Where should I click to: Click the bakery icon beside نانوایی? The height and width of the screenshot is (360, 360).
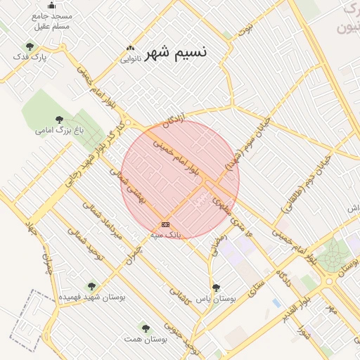129,48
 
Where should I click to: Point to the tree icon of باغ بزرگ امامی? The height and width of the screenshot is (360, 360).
58,120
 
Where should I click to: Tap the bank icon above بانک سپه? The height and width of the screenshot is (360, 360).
165,224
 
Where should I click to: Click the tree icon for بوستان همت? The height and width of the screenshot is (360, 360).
145,328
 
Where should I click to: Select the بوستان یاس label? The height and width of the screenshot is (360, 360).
215,298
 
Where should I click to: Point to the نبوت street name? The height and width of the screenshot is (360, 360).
245,29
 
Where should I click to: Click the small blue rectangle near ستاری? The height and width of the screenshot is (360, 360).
276,303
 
